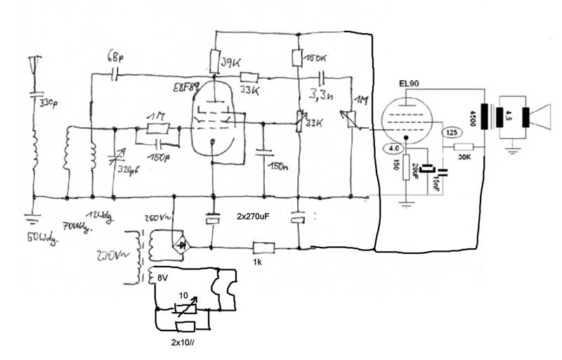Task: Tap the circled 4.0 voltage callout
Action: pyautogui.click(x=393, y=149)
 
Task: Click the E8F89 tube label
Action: pyautogui.click(x=187, y=88)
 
